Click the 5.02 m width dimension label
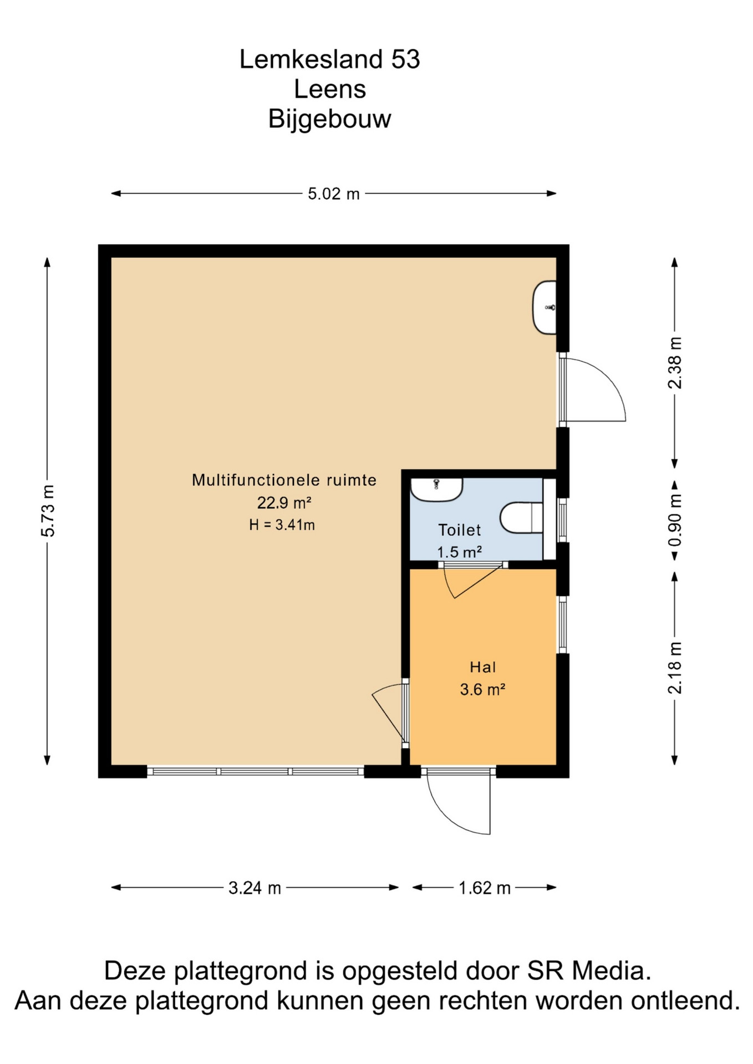334,194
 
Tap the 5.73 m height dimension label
48,510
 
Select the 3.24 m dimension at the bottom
255,888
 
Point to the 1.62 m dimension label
484,888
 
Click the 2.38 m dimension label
675,363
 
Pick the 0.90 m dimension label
675,520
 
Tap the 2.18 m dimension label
675,668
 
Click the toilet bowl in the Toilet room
521,518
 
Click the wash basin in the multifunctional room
545,308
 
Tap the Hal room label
483,667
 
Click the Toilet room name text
460,530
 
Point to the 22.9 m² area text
284,503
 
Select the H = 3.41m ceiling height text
282,525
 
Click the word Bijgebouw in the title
330,119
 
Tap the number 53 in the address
406,59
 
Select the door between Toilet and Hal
473,580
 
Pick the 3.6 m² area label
482,689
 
